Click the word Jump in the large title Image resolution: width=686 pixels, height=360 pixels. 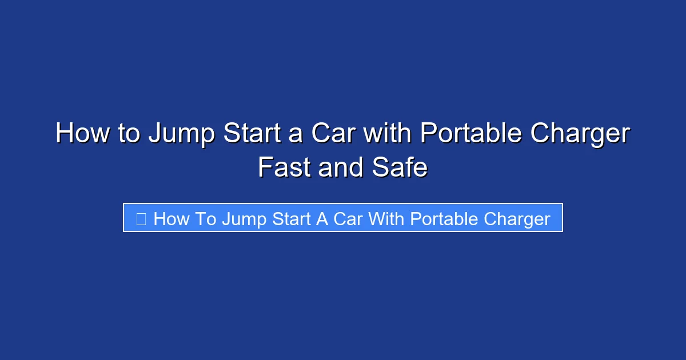tap(181, 134)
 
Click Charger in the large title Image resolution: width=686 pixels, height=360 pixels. tap(580, 134)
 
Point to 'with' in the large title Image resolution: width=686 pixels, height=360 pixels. tap(388, 134)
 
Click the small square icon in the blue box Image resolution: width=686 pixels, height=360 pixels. tap(141, 218)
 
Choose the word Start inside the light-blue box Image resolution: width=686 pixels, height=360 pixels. tap(293, 219)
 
